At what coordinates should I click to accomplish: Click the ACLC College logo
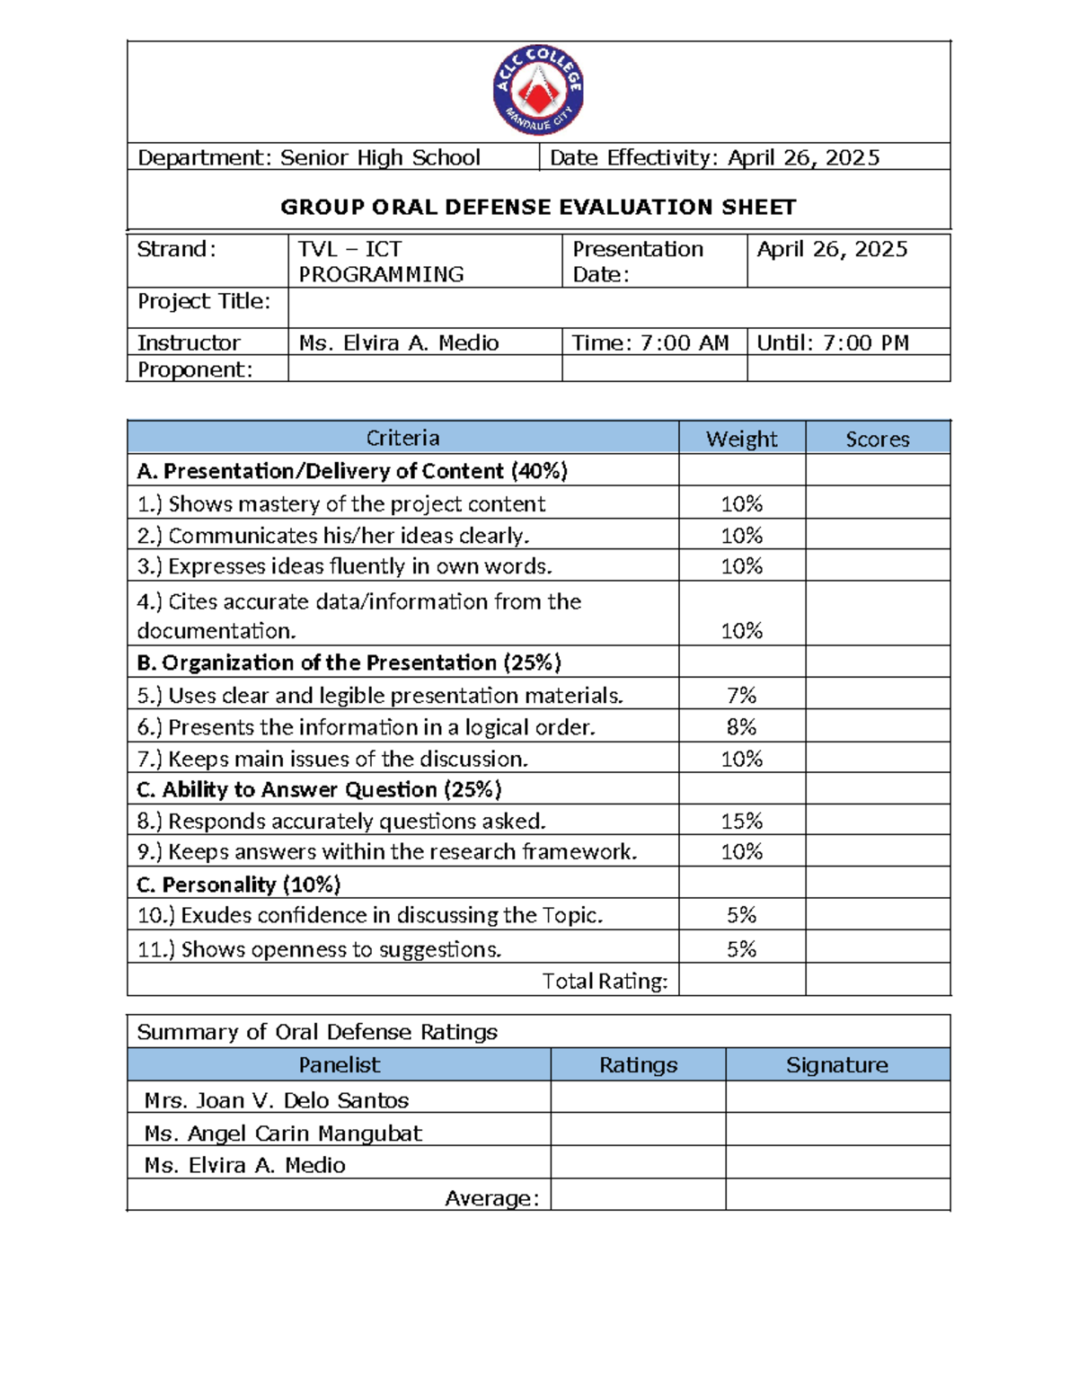pos(539,91)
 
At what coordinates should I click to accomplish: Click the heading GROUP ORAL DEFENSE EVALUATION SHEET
pos(538,208)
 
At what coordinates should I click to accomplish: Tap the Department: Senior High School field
pos(308,158)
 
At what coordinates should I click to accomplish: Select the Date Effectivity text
pos(714,158)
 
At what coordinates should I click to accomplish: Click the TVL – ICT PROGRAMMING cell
pos(381,262)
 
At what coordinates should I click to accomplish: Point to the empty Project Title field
pos(618,308)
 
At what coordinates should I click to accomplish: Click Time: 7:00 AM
pos(651,342)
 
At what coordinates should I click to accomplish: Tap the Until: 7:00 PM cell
pos(833,342)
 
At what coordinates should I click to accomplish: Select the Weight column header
pos(741,439)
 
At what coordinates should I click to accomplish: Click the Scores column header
pos(877,439)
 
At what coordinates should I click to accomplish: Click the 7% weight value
pos(741,695)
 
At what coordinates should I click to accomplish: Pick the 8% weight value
pos(741,726)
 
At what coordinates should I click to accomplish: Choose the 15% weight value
pos(741,821)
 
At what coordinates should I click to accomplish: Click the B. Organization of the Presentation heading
pos(349,662)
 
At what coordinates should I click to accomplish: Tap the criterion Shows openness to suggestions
pos(320,949)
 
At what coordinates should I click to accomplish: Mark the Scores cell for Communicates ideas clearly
pos(877,535)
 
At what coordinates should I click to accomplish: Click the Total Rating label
pos(605,981)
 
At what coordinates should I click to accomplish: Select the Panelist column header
pos(339,1065)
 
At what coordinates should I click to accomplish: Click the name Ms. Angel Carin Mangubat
pos(283,1134)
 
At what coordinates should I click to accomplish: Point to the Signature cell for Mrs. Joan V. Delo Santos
pos(836,1098)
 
